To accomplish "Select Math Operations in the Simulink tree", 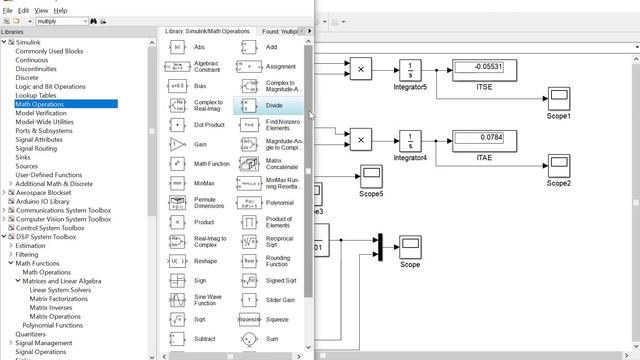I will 39,104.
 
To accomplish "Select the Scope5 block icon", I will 371,175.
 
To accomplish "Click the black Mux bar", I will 379,246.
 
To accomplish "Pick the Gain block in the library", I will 177,143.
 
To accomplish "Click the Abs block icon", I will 177,47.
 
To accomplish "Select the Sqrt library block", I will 177,319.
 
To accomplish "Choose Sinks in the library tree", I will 23,157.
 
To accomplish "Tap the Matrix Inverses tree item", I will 55,307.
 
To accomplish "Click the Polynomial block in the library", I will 249,201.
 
